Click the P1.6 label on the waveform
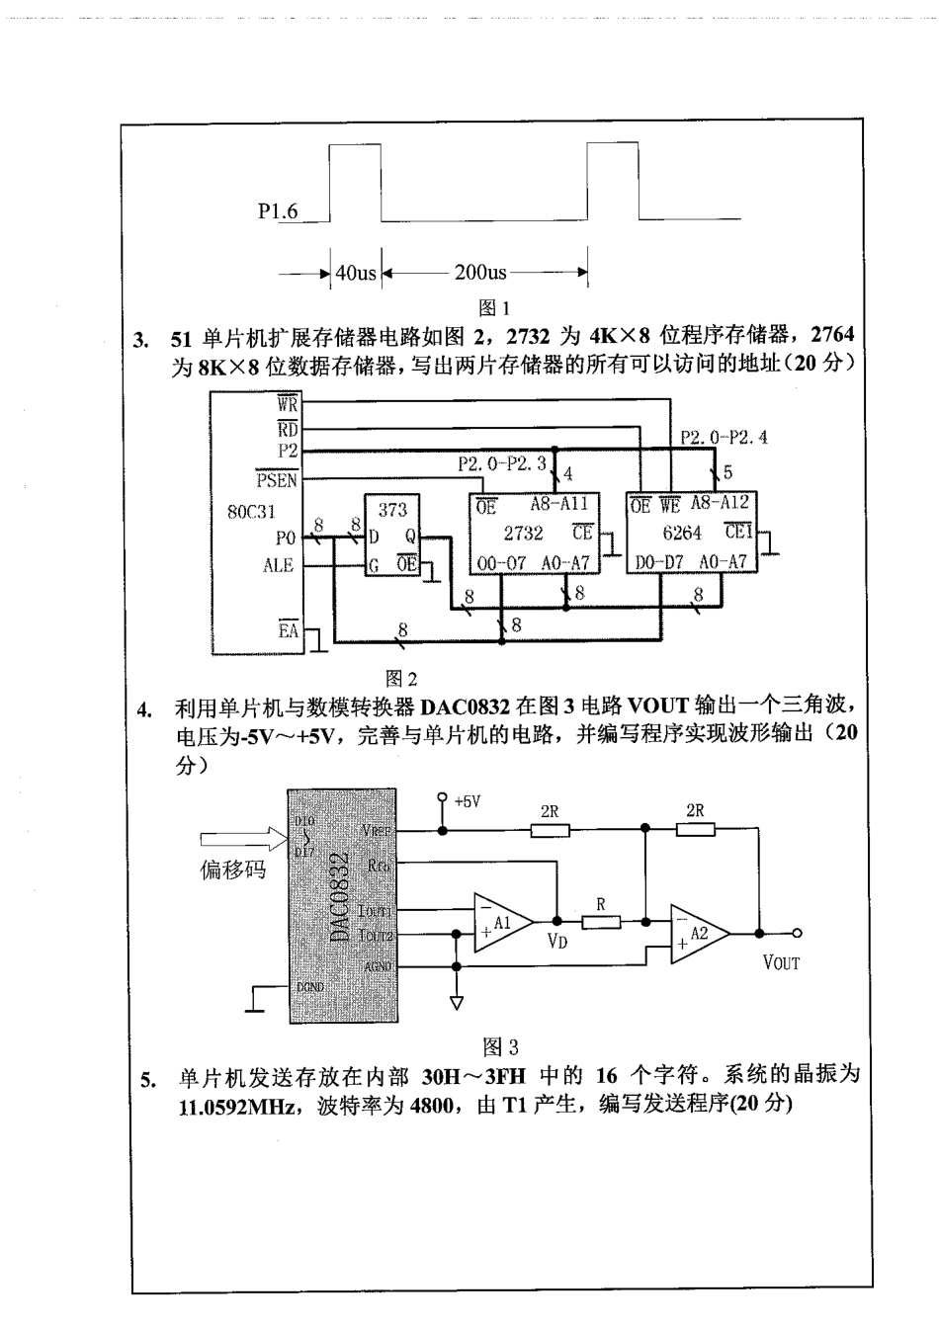click(x=277, y=210)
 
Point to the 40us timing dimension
click(x=356, y=273)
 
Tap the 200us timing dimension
click(x=480, y=273)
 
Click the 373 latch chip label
click(x=392, y=511)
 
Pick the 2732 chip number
click(x=523, y=533)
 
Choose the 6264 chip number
click(x=682, y=533)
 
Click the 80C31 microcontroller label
click(x=251, y=512)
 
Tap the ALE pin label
click(x=278, y=565)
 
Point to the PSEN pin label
click(x=276, y=481)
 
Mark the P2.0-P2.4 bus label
click(x=724, y=437)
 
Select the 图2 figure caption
click(x=401, y=679)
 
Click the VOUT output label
click(x=781, y=961)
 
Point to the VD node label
click(x=557, y=942)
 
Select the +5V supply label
click(x=467, y=801)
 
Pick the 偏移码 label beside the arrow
click(x=233, y=871)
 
